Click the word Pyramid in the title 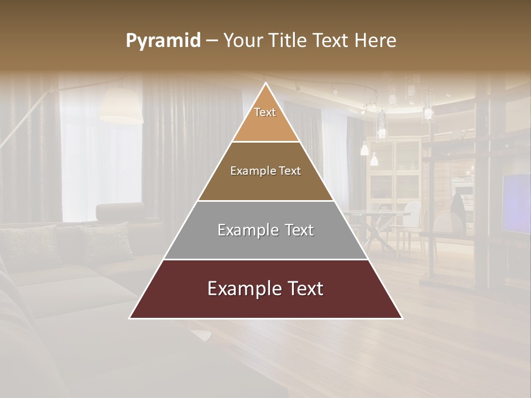point(163,41)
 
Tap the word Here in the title point(376,41)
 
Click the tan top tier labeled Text point(265,119)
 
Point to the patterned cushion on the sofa point(105,240)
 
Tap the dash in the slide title point(212,41)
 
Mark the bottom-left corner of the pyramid point(129,318)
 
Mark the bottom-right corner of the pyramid point(402,318)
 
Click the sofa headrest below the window point(119,213)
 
